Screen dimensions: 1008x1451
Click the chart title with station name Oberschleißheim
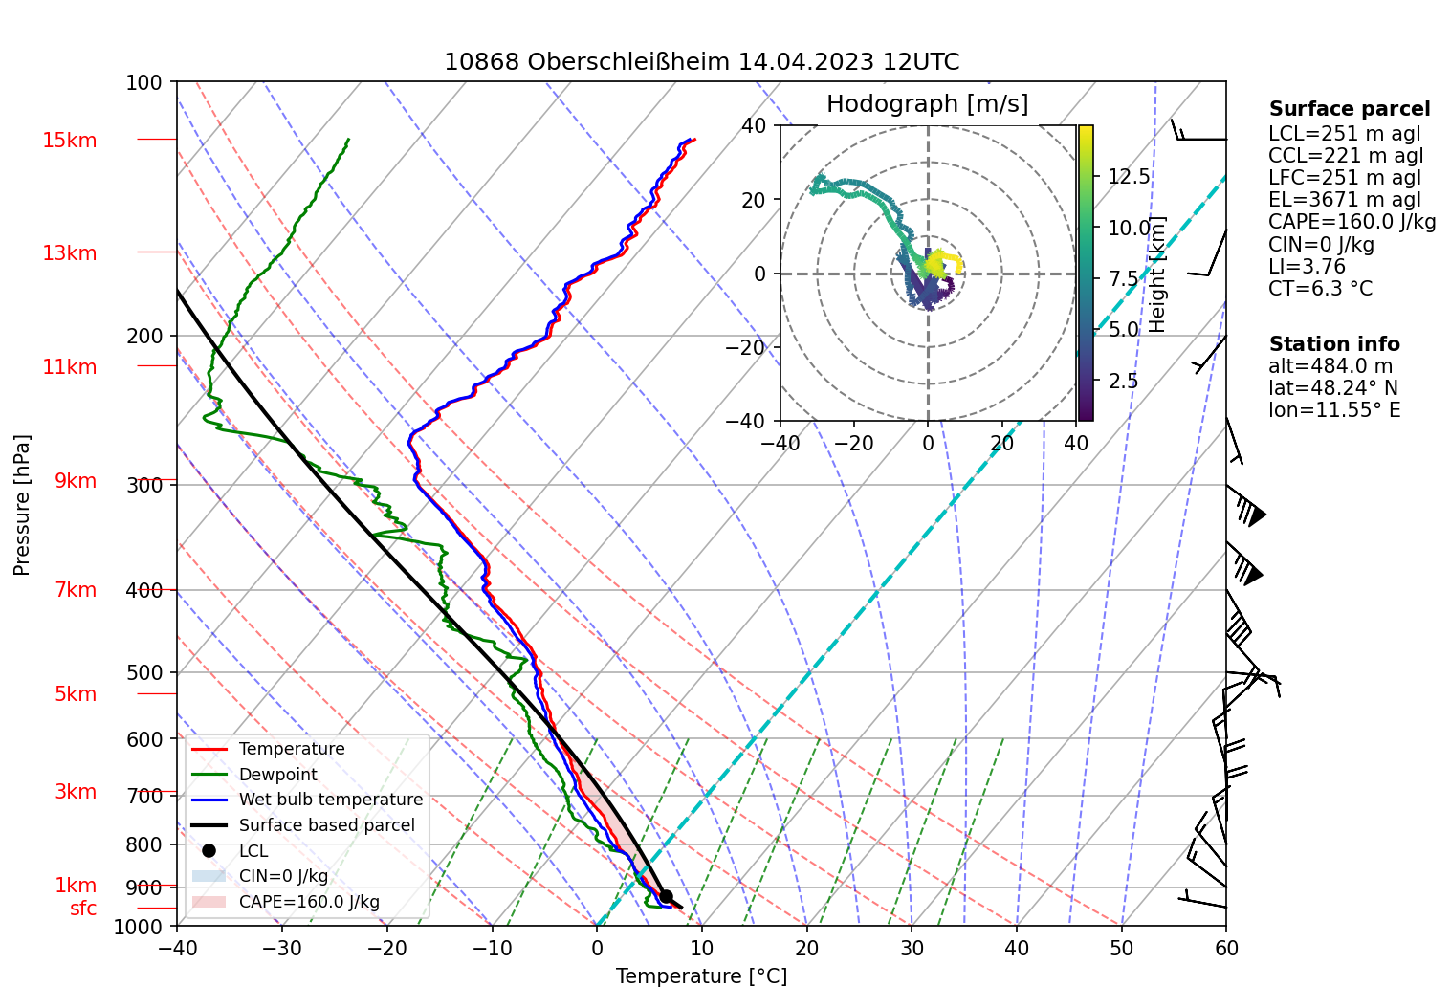pos(701,62)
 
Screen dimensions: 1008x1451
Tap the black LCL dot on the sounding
pos(667,896)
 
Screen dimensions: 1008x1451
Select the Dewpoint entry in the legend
pos(277,775)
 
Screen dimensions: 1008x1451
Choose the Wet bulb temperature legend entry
pos(330,800)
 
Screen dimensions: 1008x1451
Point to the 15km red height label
pos(70,141)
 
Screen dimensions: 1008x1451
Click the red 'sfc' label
pos(83,909)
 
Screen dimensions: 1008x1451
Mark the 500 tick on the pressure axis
pos(144,672)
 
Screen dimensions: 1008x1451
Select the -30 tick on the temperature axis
pos(282,948)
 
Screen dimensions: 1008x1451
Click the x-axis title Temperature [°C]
pos(701,976)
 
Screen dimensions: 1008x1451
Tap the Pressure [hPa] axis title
pos(22,504)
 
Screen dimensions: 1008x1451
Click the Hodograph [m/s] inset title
pos(927,104)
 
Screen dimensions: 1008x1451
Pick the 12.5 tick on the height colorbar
pos(1129,176)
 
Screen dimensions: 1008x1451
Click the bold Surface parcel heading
pos(1349,109)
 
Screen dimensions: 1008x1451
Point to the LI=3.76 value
pos(1307,267)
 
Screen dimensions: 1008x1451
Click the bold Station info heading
pos(1333,344)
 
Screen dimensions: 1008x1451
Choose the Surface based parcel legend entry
pos(326,825)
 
